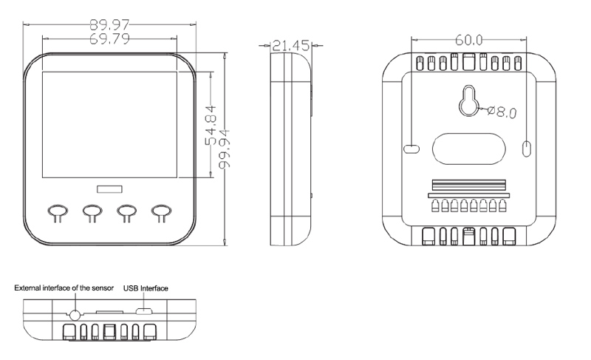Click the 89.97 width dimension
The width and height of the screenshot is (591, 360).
(x=109, y=25)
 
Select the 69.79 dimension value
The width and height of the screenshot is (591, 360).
(x=109, y=38)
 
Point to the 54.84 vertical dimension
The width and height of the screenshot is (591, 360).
(x=211, y=125)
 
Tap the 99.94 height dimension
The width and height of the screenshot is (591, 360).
(x=224, y=149)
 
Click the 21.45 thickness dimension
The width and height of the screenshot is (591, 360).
(x=290, y=46)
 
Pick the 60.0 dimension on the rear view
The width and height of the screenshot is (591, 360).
(x=469, y=40)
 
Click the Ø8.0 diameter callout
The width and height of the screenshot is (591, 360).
(x=502, y=112)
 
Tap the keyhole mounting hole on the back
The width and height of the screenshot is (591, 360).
(x=469, y=101)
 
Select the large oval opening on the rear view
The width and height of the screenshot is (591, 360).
(x=468, y=149)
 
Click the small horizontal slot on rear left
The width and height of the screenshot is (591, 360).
(x=411, y=149)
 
